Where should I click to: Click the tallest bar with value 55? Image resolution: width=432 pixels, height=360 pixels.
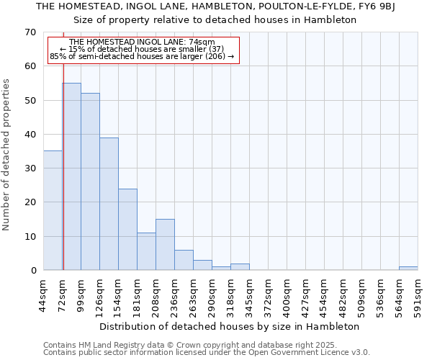72,176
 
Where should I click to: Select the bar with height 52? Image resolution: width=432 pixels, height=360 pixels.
90,181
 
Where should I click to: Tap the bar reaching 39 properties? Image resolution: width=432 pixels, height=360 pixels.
109,204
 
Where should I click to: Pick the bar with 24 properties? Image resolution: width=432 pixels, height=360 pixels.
127,229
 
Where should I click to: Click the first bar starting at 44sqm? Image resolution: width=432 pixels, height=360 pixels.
53,210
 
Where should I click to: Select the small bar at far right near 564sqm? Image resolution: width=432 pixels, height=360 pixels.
408,269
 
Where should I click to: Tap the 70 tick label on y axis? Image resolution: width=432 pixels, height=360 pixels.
30,32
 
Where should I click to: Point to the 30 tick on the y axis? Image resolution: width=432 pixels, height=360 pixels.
30,168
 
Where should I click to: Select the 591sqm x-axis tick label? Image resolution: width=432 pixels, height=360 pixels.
420,294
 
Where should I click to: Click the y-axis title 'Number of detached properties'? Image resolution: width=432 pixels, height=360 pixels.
7,154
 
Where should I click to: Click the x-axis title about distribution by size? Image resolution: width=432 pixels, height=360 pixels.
229,327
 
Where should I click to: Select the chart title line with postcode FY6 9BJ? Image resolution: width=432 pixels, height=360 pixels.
216,6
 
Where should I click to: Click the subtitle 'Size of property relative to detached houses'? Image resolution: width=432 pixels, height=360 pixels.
216,20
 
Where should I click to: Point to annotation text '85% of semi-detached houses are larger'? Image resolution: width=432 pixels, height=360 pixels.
142,56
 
